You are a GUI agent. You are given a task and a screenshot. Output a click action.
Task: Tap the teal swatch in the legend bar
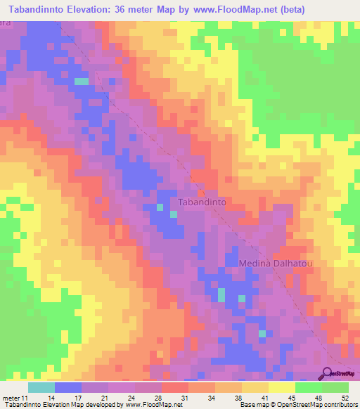pyautogui.click(x=41, y=387)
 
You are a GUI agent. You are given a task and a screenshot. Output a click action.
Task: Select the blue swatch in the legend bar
pyautogui.click(x=68, y=387)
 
